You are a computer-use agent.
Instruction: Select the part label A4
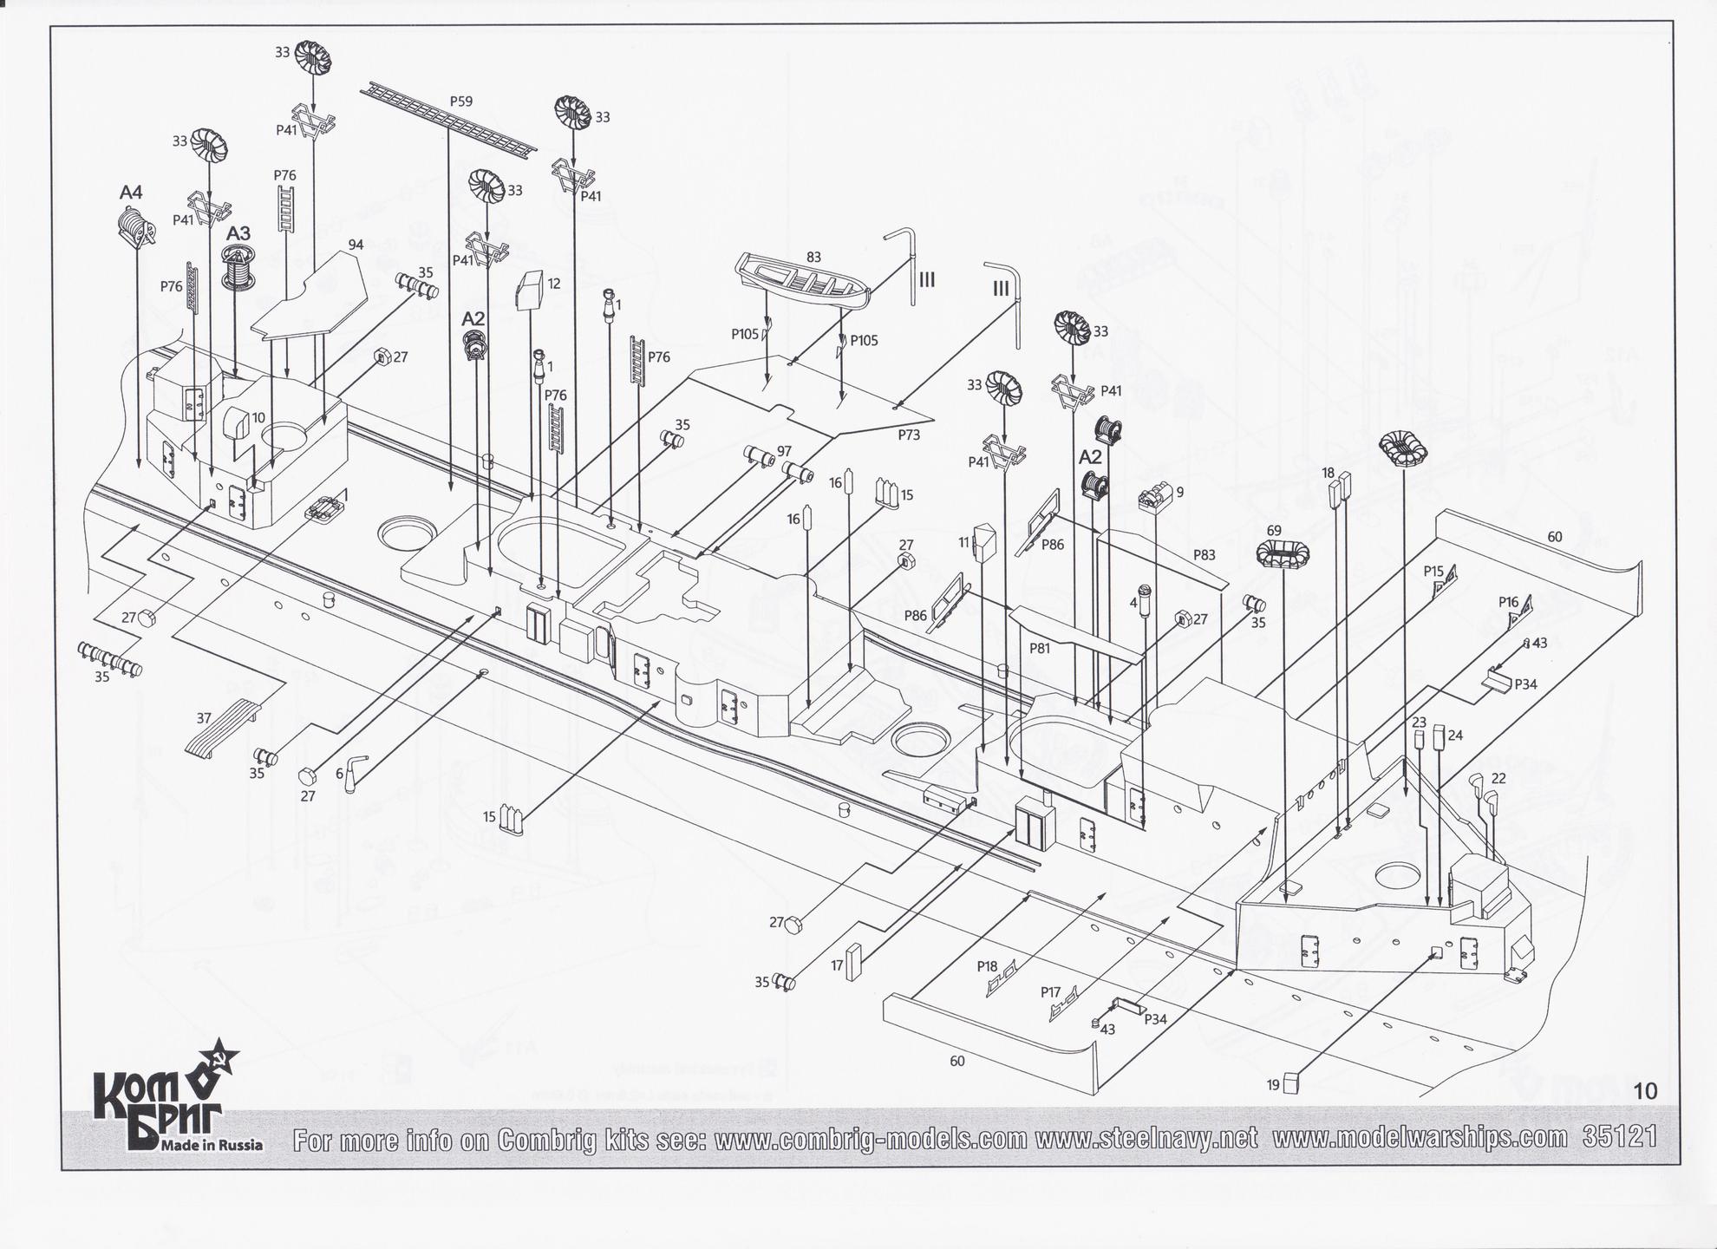[131, 192]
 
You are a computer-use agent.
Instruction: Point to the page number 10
[1644, 1091]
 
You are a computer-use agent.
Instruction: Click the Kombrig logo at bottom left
[165, 1102]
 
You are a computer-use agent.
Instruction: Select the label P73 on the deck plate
[909, 435]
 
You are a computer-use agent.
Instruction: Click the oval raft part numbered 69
[1283, 553]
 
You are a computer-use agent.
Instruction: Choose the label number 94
[356, 245]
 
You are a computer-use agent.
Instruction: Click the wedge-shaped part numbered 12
[529, 290]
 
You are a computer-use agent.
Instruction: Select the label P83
[1204, 554]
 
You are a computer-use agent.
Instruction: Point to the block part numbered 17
[855, 961]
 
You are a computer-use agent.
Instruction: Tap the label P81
[1040, 648]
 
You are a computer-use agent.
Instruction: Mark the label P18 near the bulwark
[987, 966]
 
